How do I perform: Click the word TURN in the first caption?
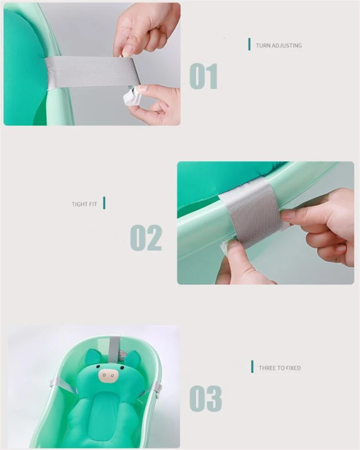(x=263, y=46)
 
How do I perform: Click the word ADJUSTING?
(x=287, y=46)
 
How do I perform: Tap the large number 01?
(x=204, y=77)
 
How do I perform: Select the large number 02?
(x=146, y=238)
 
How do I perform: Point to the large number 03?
(x=205, y=398)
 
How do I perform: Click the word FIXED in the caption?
(x=292, y=368)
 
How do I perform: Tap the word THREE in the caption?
(x=267, y=368)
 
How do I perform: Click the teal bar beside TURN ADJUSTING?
(x=249, y=45)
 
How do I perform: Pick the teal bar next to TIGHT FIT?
(x=104, y=203)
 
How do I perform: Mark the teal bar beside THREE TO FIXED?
(x=252, y=367)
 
